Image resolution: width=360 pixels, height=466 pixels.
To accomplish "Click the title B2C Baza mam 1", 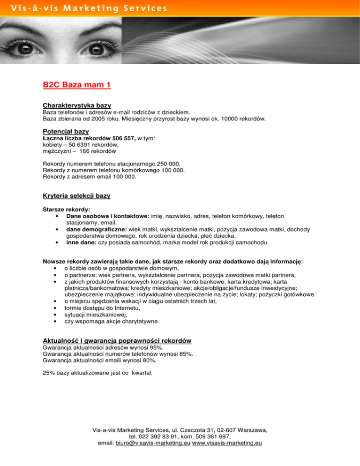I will click(x=76, y=85).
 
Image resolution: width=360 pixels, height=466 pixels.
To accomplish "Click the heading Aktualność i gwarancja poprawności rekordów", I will click(x=116, y=340).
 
